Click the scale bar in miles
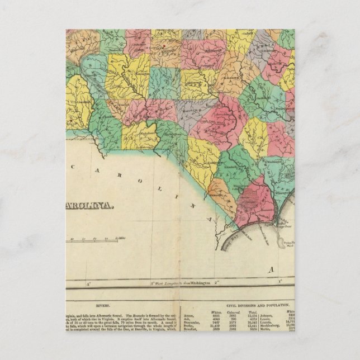[92, 241]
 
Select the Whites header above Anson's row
[211, 311]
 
